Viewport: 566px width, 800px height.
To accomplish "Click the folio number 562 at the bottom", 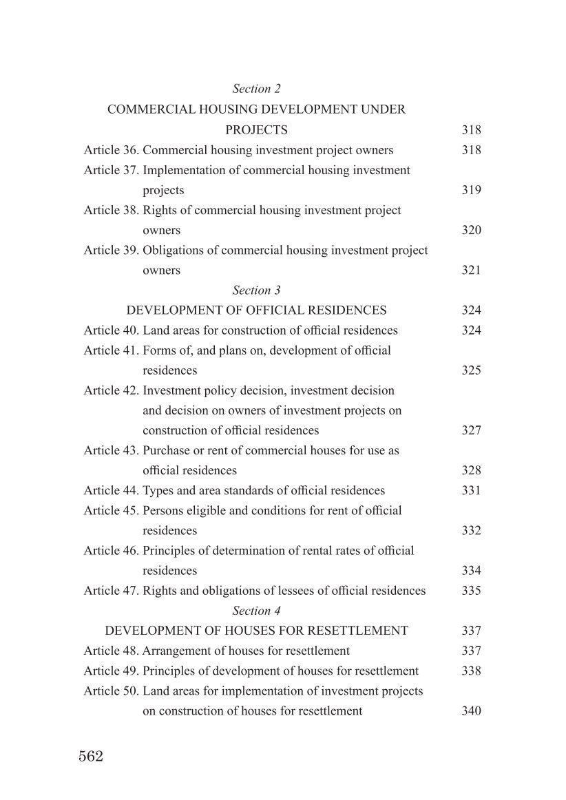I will click(91, 757).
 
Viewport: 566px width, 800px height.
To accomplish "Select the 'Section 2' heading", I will click(256, 89).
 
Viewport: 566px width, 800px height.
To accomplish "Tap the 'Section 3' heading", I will click(256, 291).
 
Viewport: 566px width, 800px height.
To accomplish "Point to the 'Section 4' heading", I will click(256, 611).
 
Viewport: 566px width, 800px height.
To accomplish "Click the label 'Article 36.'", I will click(112, 150).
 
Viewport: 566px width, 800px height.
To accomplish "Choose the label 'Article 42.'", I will click(112, 390).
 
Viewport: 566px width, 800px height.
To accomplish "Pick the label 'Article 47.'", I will click(112, 591).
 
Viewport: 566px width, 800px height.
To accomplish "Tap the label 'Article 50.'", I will click(112, 691).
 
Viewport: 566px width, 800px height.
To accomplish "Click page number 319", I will click(471, 190).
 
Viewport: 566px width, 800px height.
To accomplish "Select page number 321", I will click(471, 271).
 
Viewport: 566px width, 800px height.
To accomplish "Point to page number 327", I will click(471, 430).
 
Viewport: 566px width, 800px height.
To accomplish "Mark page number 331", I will click(471, 491).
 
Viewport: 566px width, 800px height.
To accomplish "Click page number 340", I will click(471, 711).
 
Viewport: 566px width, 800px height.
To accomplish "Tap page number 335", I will click(471, 591).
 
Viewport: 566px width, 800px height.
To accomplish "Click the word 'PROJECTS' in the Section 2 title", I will click(256, 130).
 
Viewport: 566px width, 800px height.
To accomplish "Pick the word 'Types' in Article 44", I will click(158, 491).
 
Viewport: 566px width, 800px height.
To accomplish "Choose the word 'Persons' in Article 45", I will click(163, 511).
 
